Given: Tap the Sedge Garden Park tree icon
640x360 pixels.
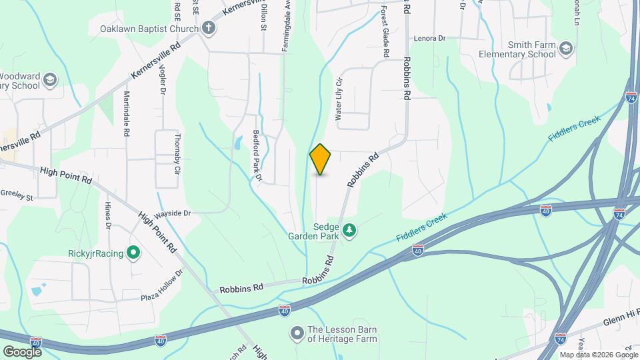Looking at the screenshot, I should (350, 231).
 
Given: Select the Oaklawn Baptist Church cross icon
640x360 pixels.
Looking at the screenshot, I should (209, 28).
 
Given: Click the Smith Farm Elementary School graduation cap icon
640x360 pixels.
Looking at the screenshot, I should (566, 49).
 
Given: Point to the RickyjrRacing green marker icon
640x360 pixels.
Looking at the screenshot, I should (133, 253).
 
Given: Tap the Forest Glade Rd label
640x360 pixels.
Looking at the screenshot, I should (385, 27).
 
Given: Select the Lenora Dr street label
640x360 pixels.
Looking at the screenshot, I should (429, 39).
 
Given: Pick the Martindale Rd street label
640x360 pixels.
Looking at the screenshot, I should (125, 114).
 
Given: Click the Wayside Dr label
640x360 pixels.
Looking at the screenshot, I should (173, 214).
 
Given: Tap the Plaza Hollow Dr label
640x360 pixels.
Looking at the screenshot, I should (161, 287).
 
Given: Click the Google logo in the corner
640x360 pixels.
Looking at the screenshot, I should (22, 351).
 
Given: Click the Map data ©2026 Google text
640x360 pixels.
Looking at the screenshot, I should (598, 355).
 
